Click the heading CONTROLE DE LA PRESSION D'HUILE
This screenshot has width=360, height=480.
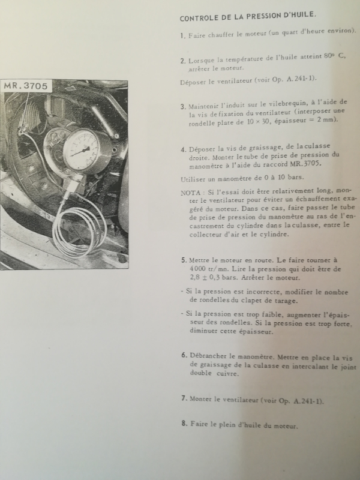point(248,16)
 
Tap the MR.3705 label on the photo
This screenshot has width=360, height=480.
point(26,86)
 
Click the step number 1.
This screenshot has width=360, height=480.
point(183,36)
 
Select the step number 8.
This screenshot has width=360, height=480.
point(184,424)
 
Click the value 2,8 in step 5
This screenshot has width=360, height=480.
point(194,278)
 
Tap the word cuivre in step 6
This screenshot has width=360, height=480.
point(227,373)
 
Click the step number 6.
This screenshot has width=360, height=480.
point(184,355)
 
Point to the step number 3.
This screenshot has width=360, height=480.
point(183,107)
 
